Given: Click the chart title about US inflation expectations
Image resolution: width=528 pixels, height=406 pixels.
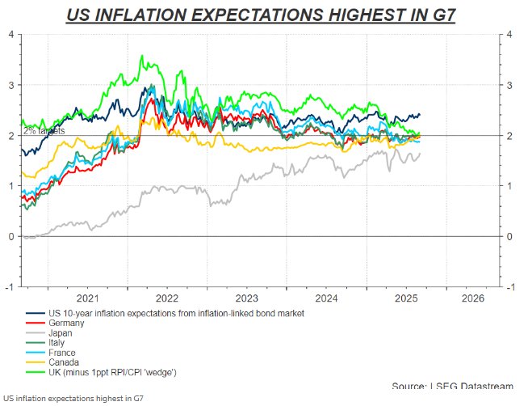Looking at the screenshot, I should (260, 15).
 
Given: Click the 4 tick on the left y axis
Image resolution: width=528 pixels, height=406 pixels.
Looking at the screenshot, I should (10, 33).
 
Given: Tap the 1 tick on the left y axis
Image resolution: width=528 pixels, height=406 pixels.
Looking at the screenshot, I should (10, 186).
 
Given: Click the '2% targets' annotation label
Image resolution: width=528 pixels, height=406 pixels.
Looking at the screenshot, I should (44, 130).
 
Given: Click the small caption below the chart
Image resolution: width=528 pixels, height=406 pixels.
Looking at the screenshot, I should (73, 399).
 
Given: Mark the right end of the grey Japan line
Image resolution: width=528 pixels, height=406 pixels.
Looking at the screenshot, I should (420, 154).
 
